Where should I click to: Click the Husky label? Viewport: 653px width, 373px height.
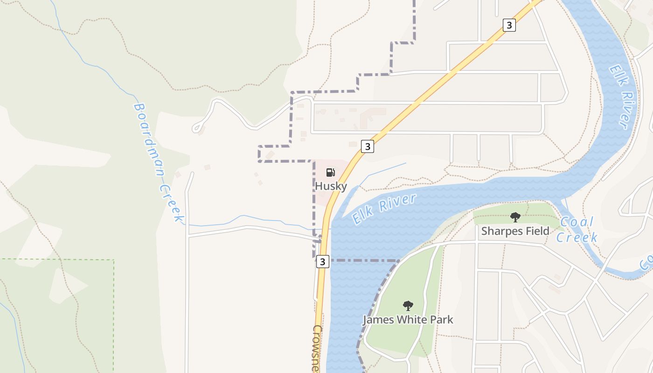click(x=331, y=186)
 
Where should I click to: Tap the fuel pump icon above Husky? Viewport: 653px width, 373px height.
click(x=330, y=173)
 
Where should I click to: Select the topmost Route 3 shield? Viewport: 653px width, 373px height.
click(x=509, y=25)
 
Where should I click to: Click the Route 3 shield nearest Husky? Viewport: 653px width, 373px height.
click(x=368, y=146)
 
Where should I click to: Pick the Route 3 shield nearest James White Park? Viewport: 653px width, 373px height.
click(x=322, y=262)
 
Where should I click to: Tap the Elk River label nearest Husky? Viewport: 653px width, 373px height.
click(x=384, y=208)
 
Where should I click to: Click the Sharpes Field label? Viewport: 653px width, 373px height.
click(x=515, y=231)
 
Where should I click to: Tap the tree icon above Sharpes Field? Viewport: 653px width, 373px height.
click(x=515, y=217)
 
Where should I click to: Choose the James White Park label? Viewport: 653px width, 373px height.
click(x=408, y=320)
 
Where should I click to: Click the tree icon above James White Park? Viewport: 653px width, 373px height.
click(x=408, y=306)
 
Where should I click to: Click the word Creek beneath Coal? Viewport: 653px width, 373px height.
click(x=577, y=237)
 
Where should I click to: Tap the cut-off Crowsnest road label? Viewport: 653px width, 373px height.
click(x=318, y=347)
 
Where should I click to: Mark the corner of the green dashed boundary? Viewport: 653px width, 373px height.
click(x=114, y=260)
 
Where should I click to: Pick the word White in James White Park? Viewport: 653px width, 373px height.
click(x=409, y=320)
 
